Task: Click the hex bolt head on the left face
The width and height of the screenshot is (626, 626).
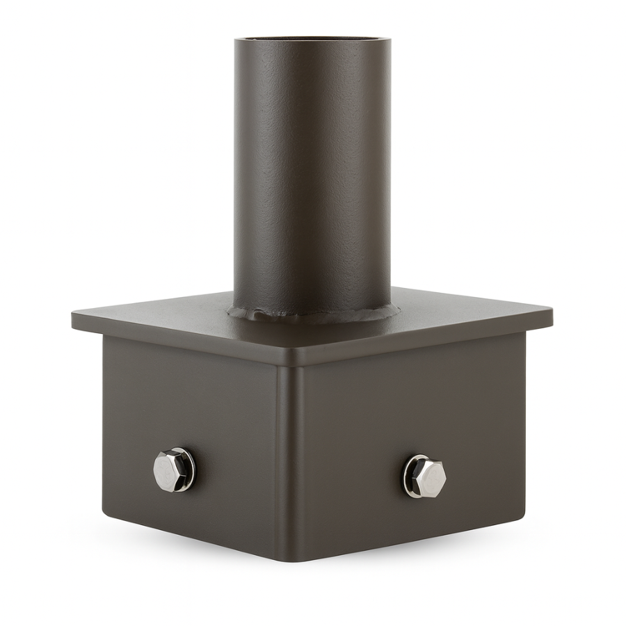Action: pyautogui.click(x=172, y=471)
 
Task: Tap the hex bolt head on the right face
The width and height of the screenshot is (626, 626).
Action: pyautogui.click(x=426, y=476)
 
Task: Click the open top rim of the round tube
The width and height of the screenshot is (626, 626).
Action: pyautogui.click(x=312, y=40)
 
